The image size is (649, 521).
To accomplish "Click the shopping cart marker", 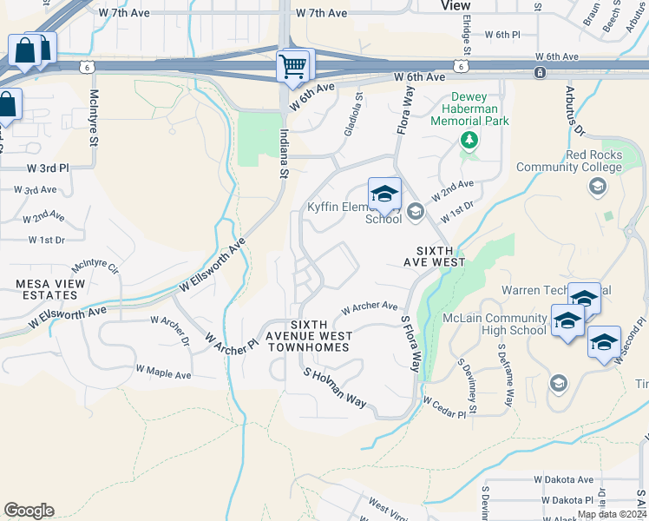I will pos(293,66).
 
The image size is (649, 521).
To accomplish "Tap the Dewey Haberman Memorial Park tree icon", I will pos(469,140).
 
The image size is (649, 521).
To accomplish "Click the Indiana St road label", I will pos(283,154).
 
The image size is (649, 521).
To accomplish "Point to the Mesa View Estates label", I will pos(50,289).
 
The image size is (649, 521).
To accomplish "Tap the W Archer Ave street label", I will pos(370,307).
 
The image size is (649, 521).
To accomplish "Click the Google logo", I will pos(29,511).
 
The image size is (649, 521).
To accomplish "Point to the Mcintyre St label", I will pos(94,115).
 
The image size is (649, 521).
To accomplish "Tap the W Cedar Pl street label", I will pos(444,402).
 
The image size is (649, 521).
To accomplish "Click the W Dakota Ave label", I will pos(563,479).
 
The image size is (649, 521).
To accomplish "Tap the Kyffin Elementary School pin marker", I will pos(384,195).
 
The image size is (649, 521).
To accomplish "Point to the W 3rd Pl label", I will pos(47,168).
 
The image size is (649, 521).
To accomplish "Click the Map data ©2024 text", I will pos(612,514).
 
